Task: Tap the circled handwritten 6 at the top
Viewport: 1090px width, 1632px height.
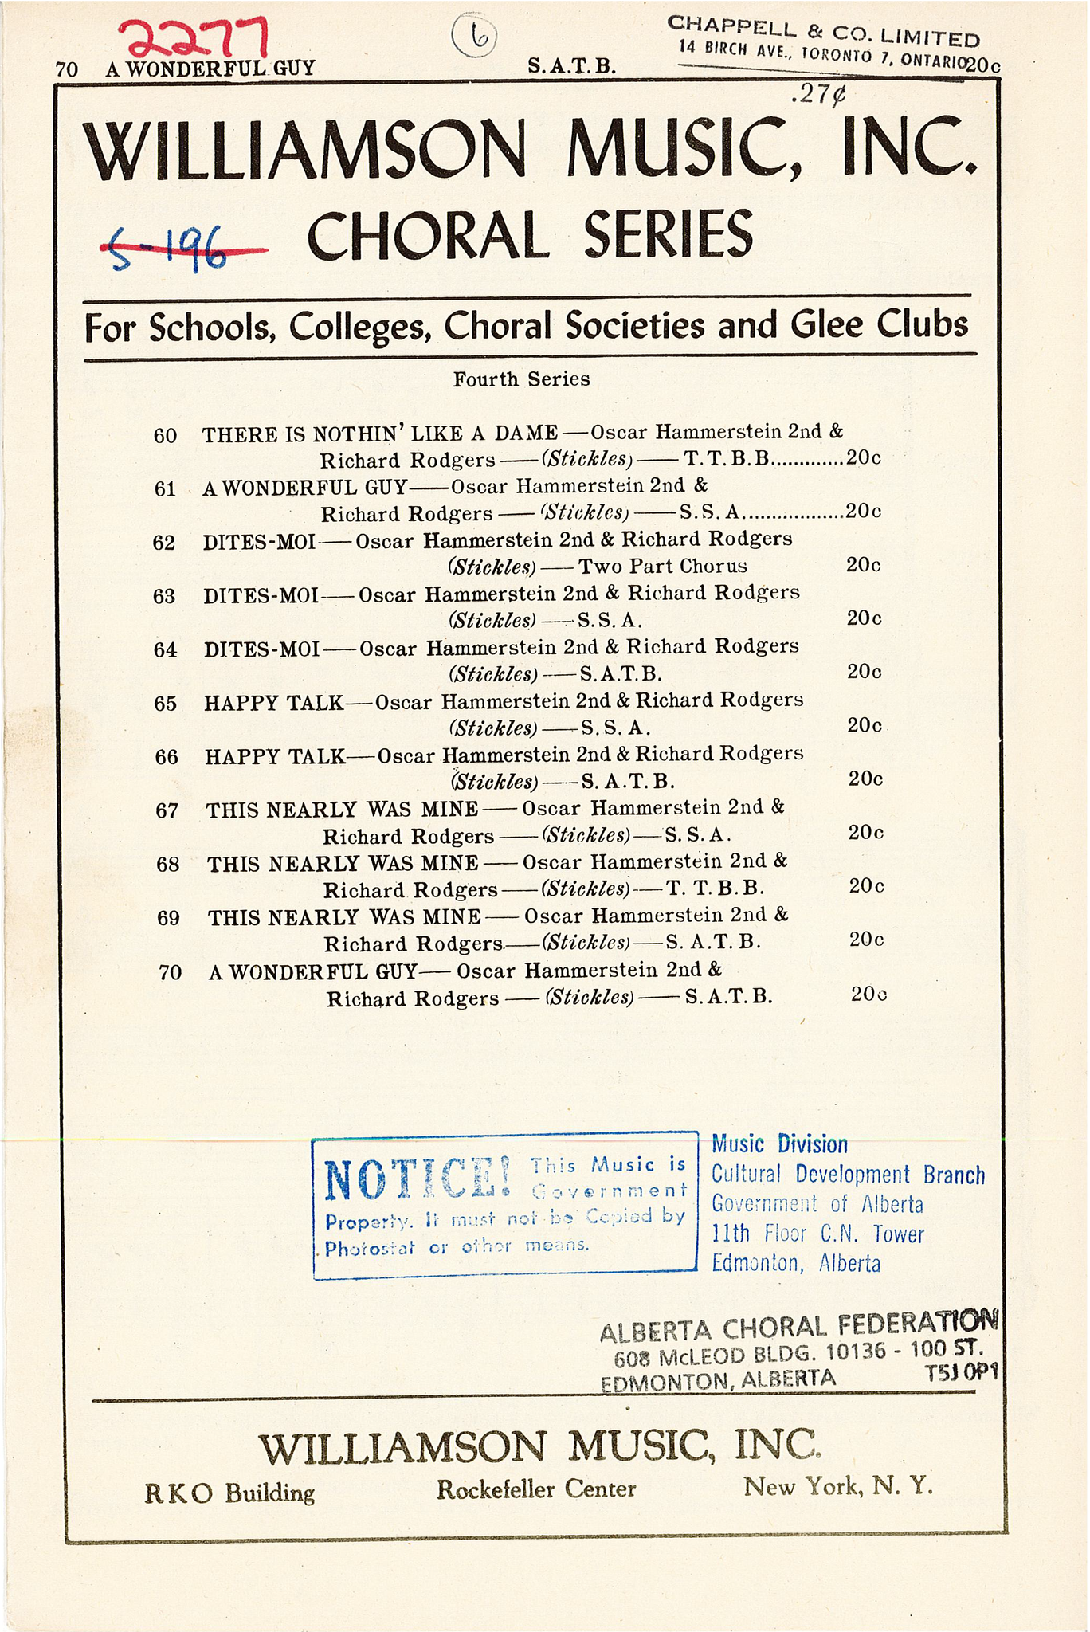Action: click(473, 33)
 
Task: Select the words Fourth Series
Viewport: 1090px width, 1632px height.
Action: click(521, 379)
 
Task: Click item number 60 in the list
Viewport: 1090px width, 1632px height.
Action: click(165, 436)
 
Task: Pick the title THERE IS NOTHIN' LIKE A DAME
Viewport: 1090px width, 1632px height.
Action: click(380, 433)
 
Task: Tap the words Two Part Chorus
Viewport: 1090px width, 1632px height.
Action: click(662, 567)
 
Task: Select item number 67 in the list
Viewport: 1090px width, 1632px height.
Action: click(167, 810)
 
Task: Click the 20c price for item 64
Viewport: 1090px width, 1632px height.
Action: click(864, 672)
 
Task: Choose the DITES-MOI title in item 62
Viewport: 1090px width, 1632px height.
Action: click(260, 541)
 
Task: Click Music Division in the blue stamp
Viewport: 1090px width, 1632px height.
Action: click(779, 1145)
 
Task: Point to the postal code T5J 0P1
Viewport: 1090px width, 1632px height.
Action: click(960, 1373)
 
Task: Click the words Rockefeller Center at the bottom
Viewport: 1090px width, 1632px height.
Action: click(535, 1489)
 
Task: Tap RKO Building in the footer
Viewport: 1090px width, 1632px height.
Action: click(229, 1492)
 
